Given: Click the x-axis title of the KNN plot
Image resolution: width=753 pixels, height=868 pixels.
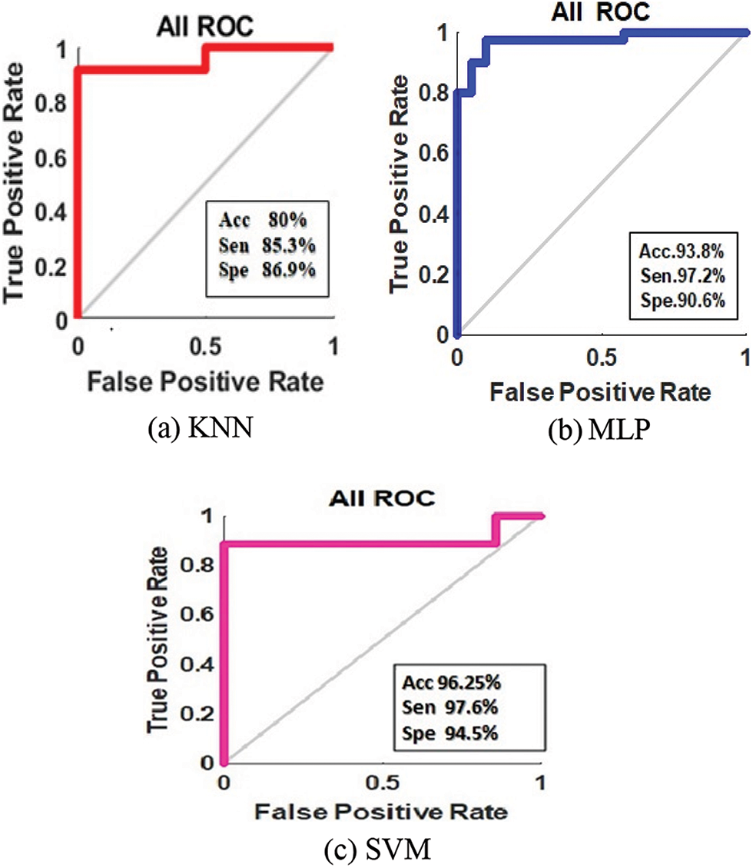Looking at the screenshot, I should coord(203,380).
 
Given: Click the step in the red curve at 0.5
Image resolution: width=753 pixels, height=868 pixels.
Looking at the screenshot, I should coord(204,58).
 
